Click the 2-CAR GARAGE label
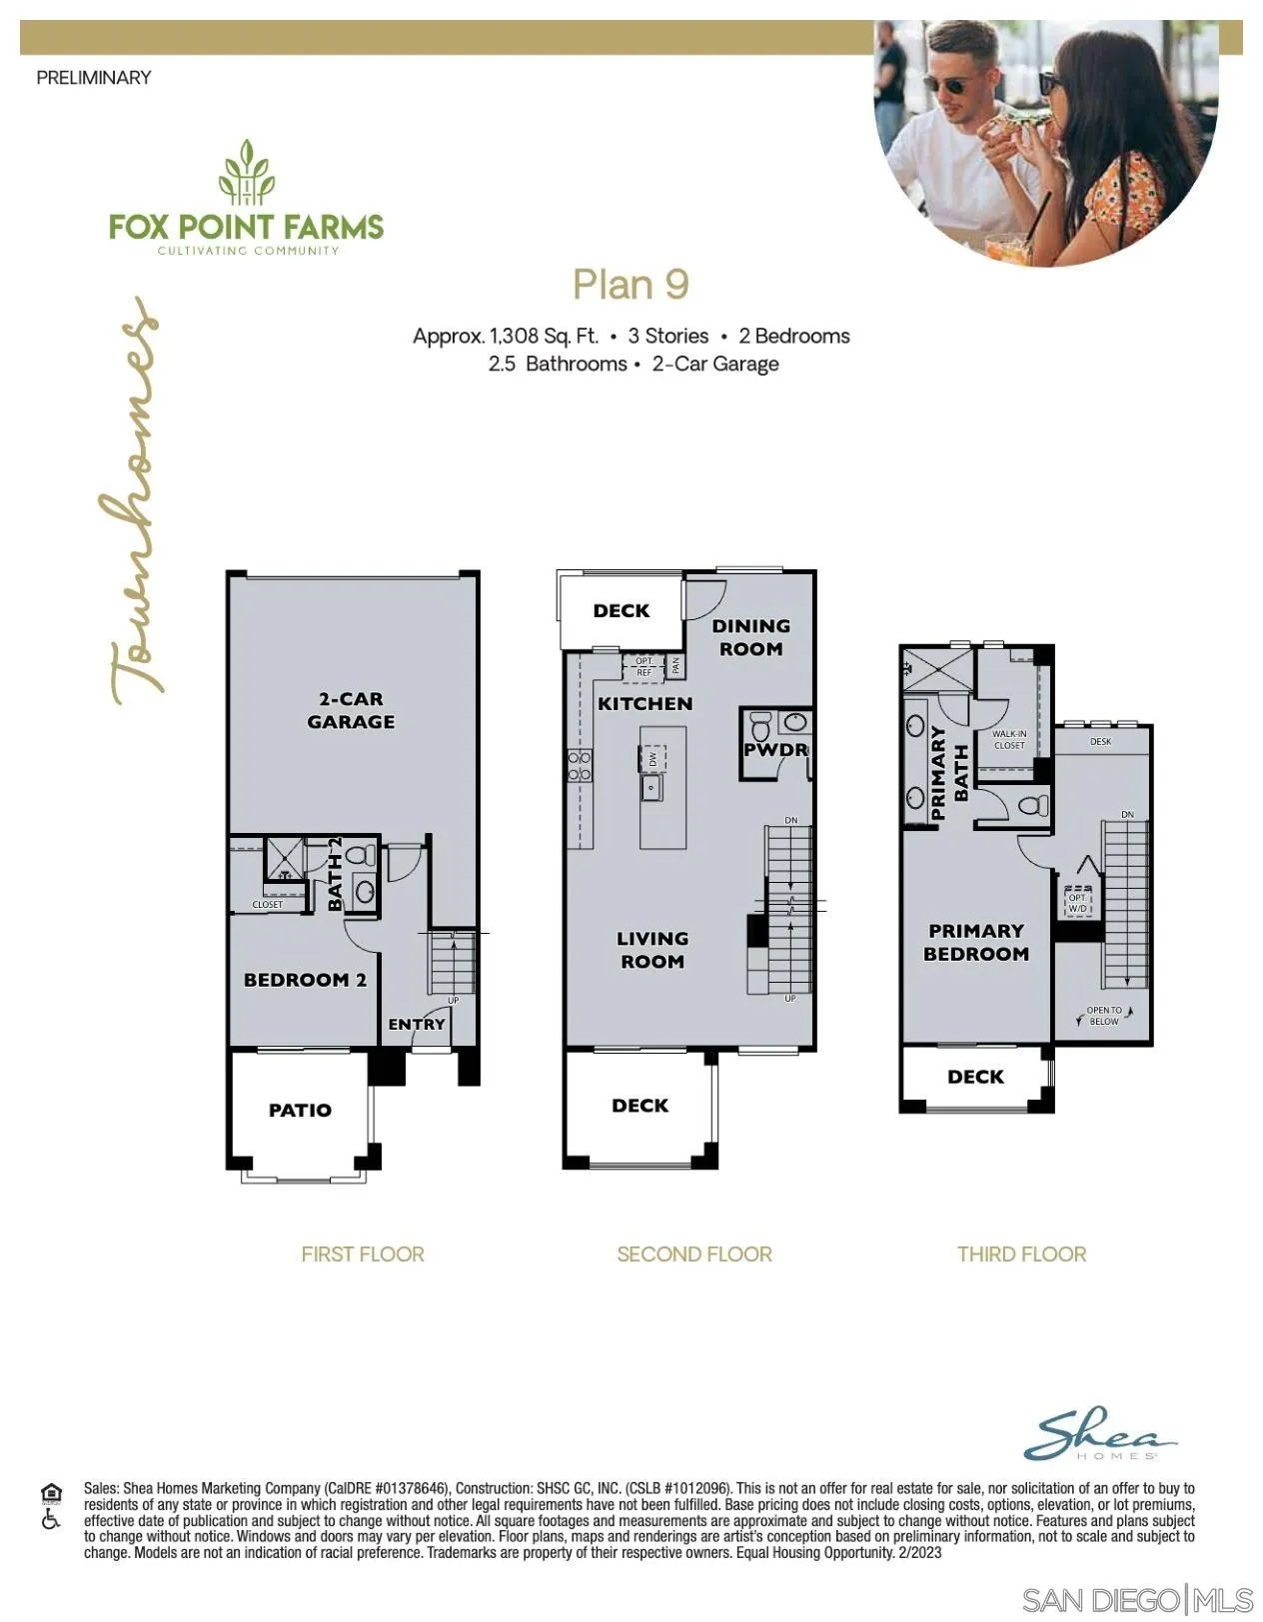[x=351, y=710]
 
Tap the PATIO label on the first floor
[x=300, y=1110]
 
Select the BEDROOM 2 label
[x=305, y=980]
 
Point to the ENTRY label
[x=417, y=1024]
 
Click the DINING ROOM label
[x=750, y=637]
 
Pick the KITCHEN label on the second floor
[x=644, y=703]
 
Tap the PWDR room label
[x=775, y=749]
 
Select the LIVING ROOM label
[x=651, y=950]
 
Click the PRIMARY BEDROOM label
[x=976, y=942]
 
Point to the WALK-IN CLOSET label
[x=1009, y=739]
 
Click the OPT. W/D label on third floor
[x=1077, y=903]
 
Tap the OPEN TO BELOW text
[x=1104, y=1016]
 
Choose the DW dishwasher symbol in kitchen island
[x=652, y=759]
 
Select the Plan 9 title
[x=631, y=285]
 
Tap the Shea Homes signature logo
[x=1099, y=1434]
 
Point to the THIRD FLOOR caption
[x=1021, y=1253]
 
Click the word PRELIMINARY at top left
[x=94, y=77]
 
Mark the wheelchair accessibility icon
[x=51, y=1520]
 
